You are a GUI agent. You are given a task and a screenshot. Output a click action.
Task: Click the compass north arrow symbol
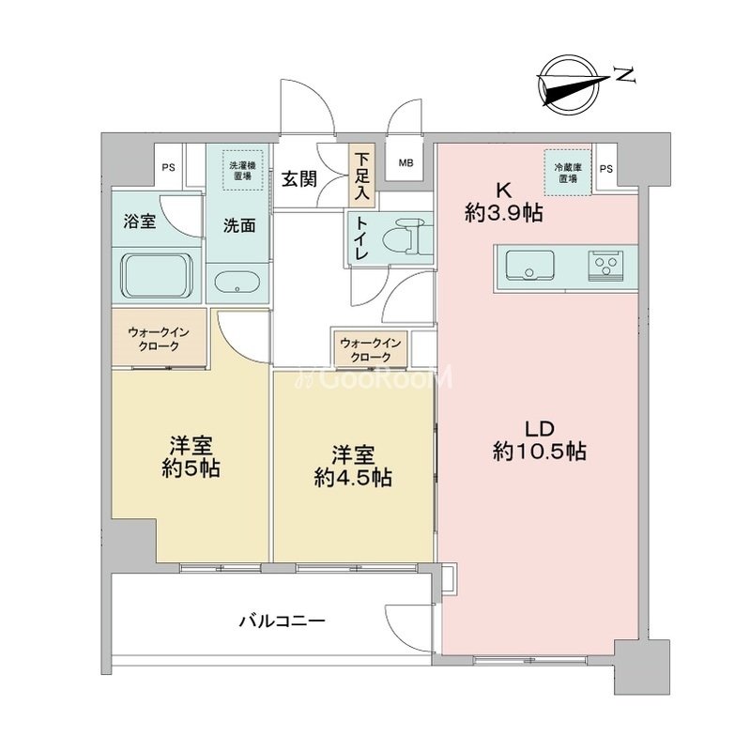[571, 87]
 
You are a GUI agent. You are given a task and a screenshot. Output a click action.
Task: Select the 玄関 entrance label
[299, 179]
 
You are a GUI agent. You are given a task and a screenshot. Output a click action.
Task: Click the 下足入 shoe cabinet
[362, 175]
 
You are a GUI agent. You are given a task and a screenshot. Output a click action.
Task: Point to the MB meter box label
[406, 163]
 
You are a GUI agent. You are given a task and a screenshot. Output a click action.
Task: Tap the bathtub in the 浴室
[157, 275]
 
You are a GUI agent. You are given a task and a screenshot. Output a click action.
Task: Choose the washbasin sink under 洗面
[237, 283]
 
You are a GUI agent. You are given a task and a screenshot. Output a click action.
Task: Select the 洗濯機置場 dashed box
[242, 171]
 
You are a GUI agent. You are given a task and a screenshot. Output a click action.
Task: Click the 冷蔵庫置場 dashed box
[568, 173]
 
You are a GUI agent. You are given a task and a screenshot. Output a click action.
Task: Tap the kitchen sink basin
[529, 265]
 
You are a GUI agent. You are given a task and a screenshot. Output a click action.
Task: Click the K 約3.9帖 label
[503, 203]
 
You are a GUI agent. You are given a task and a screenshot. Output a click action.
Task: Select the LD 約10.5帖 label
[540, 440]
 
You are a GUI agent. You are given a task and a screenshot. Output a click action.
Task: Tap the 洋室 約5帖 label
[191, 457]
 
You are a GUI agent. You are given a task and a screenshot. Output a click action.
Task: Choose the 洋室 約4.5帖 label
[354, 466]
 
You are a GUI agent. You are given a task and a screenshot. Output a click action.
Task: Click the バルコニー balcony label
[283, 621]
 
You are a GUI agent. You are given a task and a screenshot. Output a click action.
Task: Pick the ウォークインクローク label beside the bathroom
[159, 339]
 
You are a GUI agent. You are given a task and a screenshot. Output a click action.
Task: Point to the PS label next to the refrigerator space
[606, 169]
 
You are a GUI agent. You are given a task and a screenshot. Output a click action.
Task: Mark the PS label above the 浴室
[168, 168]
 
